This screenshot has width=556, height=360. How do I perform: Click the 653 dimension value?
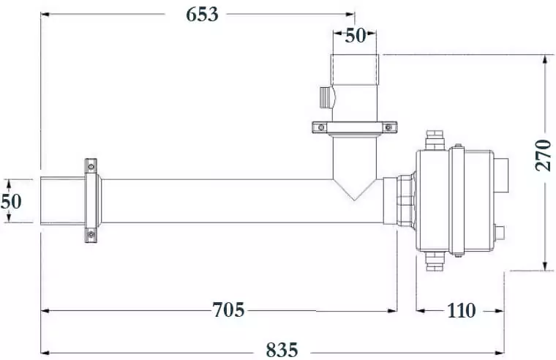coord(202,15)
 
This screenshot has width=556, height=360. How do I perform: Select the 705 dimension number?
coord(228,310)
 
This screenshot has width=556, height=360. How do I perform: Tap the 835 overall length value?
coord(282,350)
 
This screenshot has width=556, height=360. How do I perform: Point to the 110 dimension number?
coord(461,311)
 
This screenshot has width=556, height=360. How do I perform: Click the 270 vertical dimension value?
coord(544,155)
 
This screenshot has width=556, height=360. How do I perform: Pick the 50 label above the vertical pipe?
coord(356,35)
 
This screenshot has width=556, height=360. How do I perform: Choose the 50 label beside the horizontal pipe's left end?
coord(11,201)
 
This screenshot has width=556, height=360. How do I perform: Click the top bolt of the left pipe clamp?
coord(91,166)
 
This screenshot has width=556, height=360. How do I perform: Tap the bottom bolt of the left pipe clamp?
coord(91,234)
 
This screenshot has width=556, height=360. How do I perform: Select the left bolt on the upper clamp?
coord(321,127)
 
